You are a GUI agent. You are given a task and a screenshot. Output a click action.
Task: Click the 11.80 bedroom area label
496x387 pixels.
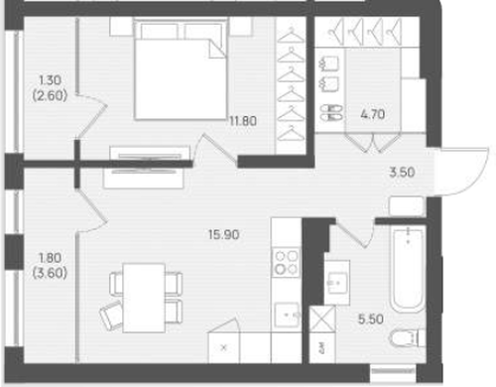pyautogui.click(x=243, y=121)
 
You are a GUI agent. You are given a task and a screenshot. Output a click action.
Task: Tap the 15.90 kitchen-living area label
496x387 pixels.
pyautogui.click(x=224, y=235)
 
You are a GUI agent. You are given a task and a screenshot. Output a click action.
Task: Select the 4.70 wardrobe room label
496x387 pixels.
pyautogui.click(x=373, y=114)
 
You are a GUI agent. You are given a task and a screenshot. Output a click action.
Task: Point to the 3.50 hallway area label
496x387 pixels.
pyautogui.click(x=402, y=173)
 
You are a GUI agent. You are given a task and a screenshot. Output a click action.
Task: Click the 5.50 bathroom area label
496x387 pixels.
pyautogui.click(x=371, y=320)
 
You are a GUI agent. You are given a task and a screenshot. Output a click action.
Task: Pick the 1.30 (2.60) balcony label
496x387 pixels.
pyautogui.click(x=50, y=87)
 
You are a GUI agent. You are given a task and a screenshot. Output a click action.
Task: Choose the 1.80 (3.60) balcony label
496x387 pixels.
pyautogui.click(x=50, y=265)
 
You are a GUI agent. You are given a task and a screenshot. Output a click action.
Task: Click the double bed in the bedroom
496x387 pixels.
pyautogui.click(x=181, y=68)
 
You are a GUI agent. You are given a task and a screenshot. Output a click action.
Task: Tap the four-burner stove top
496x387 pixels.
pyautogui.click(x=286, y=262)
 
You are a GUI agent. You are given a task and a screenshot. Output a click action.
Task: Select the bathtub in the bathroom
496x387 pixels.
pyautogui.click(x=409, y=270)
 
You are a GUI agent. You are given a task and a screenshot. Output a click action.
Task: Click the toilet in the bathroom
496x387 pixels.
pyautogui.click(x=408, y=338)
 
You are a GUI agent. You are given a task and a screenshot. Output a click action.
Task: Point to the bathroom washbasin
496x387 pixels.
pyautogui.click(x=337, y=283)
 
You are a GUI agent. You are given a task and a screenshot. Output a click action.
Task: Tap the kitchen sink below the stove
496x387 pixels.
pyautogui.click(x=287, y=315)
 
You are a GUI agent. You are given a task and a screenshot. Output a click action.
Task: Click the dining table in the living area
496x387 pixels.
pyautogui.click(x=144, y=298)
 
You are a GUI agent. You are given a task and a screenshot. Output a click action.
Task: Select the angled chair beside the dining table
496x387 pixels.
pyautogui.click(x=112, y=316)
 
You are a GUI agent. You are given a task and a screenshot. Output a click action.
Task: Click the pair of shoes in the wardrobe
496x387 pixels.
pyautogui.click(x=331, y=112)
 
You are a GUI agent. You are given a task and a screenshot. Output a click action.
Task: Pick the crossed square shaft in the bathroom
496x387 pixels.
pyautogui.click(x=322, y=319)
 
